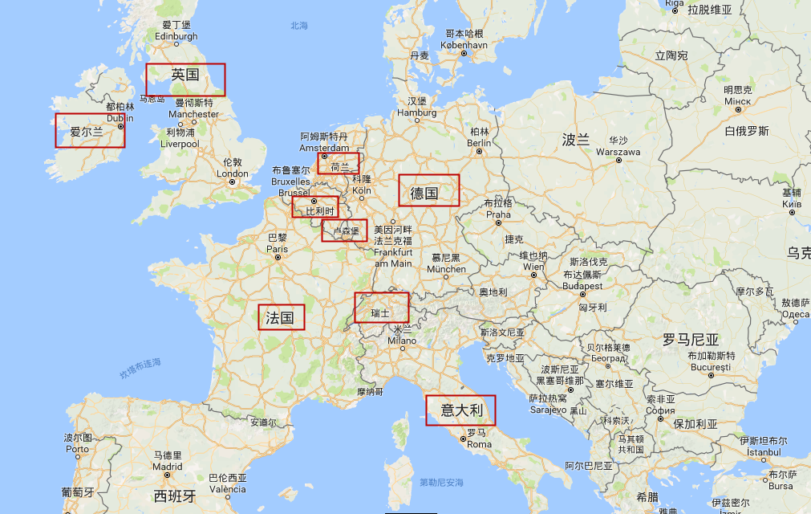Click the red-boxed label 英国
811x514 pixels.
(185, 75)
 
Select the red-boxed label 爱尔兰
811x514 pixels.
(87, 131)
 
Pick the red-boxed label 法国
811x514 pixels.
(281, 317)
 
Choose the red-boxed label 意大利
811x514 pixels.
(461, 410)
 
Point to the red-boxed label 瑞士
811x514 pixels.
(380, 312)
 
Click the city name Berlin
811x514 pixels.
(479, 142)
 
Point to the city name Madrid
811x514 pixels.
(168, 466)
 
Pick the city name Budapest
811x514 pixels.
(582, 286)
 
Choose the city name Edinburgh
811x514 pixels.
(176, 36)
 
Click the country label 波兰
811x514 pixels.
(575, 140)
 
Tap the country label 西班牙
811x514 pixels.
(175, 496)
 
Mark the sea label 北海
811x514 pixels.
(299, 26)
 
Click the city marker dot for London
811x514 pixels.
(232, 182)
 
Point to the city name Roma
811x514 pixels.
(479, 444)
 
